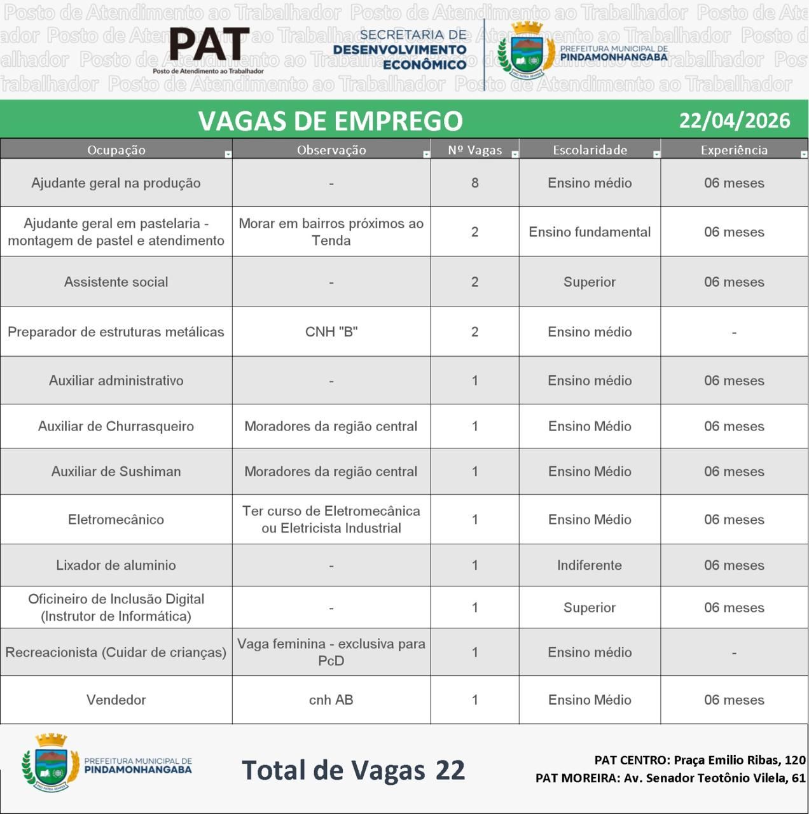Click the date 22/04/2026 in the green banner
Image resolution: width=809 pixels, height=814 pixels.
734,120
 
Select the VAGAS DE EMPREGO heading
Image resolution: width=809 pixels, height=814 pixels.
330,121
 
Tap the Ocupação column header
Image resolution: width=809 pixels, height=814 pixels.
116,150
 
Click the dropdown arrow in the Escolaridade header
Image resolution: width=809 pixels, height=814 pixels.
656,154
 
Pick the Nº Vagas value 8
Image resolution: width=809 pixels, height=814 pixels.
474,183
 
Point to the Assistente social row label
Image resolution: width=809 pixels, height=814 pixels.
116,282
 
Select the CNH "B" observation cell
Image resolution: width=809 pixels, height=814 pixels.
331,332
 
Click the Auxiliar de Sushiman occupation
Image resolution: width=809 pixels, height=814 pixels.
116,471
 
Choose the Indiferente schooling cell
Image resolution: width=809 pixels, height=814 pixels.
589,565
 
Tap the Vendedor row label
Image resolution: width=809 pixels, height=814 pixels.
116,700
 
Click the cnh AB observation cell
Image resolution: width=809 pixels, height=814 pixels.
331,700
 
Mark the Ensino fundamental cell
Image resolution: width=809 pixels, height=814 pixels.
589,232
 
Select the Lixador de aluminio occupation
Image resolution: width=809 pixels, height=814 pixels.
116,565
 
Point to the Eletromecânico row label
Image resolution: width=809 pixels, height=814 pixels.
116,520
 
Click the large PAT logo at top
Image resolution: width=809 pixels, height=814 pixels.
209,46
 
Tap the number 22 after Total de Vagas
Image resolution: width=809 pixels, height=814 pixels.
450,770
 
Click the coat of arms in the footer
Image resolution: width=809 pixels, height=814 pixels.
51,761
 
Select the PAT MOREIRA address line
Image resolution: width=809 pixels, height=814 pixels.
670,778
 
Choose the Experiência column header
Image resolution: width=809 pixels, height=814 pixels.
734,150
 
